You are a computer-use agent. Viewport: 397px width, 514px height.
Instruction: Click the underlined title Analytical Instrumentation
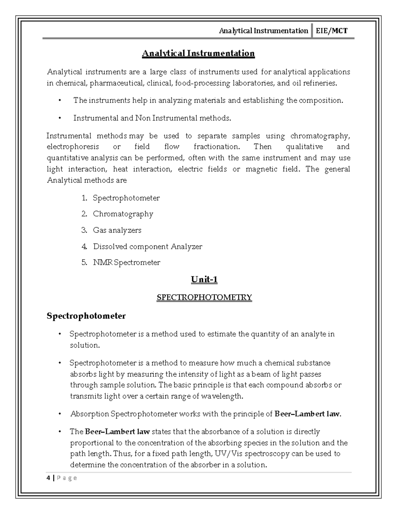pyautogui.click(x=198, y=53)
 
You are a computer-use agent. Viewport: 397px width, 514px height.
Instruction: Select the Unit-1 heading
pyautogui.click(x=204, y=280)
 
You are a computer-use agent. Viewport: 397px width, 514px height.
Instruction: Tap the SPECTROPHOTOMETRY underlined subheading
pyautogui.click(x=204, y=297)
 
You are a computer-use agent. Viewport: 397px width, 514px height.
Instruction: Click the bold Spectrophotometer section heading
pyautogui.click(x=86, y=316)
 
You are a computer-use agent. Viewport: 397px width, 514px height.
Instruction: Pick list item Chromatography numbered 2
pyautogui.click(x=123, y=214)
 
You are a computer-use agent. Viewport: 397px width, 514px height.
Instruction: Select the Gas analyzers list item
pyautogui.click(x=117, y=230)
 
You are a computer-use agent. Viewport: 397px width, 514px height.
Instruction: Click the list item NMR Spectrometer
pyautogui.click(x=126, y=262)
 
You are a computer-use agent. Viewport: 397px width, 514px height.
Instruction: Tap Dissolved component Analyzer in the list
pyautogui.click(x=147, y=247)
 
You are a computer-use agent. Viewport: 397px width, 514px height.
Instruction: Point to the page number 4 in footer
pyautogui.click(x=49, y=478)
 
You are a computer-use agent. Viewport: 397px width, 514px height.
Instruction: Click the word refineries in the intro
pyautogui.click(x=319, y=83)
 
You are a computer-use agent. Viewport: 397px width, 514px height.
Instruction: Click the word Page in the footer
pyautogui.click(x=67, y=478)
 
